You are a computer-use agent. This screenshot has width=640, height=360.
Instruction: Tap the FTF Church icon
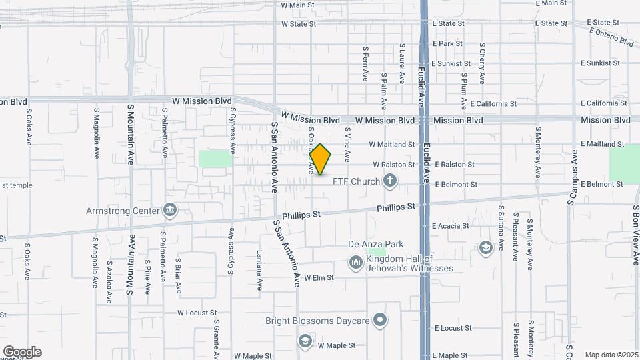[x=390, y=181]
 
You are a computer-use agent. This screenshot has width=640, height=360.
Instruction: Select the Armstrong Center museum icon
[x=170, y=211]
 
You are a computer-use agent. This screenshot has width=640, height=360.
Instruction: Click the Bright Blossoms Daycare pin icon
[x=380, y=321]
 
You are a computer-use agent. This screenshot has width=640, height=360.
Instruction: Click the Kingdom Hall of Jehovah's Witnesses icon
[x=355, y=263]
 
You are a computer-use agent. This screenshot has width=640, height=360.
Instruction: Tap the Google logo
[x=22, y=352]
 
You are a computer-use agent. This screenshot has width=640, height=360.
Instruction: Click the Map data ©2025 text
[x=611, y=355]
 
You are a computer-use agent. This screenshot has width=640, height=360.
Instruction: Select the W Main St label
[x=297, y=5]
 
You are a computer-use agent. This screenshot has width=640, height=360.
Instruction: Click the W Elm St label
[x=319, y=277]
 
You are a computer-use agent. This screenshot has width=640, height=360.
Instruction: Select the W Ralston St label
[x=393, y=164]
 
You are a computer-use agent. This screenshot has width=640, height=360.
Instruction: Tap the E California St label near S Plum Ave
[x=493, y=104]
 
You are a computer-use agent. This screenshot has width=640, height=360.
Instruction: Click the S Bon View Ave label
[x=636, y=235]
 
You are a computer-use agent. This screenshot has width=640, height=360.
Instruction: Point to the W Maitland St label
[x=393, y=144]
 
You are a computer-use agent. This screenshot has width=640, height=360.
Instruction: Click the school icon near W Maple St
[x=305, y=341]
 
